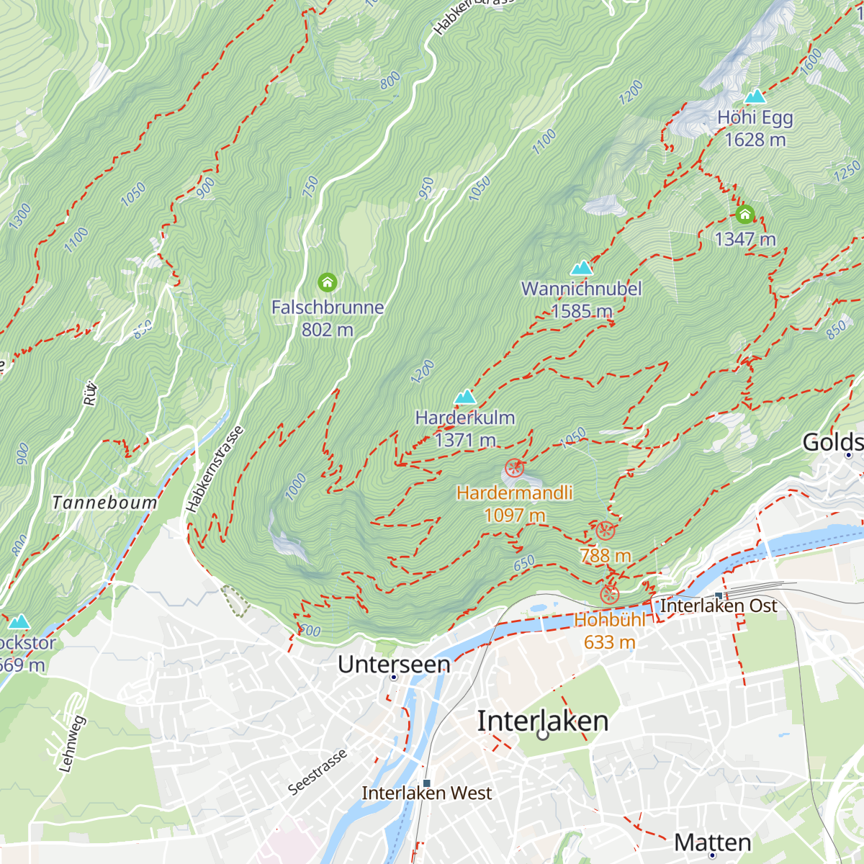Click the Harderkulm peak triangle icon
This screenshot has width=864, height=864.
coord(465,397)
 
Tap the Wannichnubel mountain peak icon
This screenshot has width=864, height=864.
coord(581,269)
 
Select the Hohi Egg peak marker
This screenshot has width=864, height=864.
coord(755,96)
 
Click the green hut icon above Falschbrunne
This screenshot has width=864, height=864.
coord(328,282)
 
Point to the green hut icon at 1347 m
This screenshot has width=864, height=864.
coord(744,215)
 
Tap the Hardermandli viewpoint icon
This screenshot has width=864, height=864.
coord(513,469)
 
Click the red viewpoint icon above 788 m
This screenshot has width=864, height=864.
coord(605,531)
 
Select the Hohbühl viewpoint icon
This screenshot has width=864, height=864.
coord(609,595)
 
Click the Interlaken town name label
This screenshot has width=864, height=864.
coord(543,721)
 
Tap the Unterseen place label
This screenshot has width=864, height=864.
coord(394,664)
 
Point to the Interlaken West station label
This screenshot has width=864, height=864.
coord(426,793)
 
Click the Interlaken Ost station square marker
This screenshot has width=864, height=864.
coord(719,596)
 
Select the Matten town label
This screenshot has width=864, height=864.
coord(712,842)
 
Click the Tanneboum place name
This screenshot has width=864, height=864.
coord(104,503)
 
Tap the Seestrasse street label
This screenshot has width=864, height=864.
coord(318,772)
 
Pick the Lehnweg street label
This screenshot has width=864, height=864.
coord(71,744)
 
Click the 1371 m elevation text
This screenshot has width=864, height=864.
coord(465,440)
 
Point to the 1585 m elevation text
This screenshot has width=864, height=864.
coord(581,311)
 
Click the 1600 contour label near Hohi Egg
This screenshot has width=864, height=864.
coord(811,61)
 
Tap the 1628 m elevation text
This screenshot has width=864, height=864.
coord(755,140)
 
